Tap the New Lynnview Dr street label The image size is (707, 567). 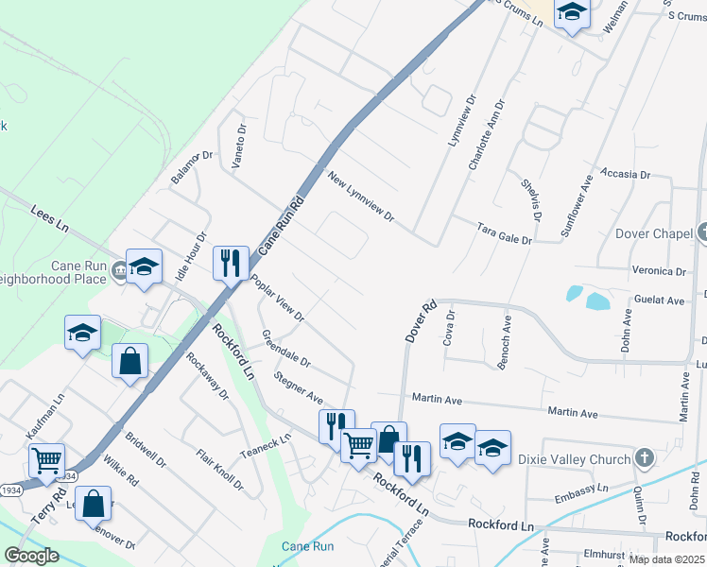pyautogui.click(x=360, y=197)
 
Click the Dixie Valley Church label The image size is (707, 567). pyautogui.click(x=574, y=460)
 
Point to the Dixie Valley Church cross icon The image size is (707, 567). pyautogui.click(x=645, y=459)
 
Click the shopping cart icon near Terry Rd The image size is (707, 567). pyautogui.click(x=46, y=460)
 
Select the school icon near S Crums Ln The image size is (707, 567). pyautogui.click(x=572, y=12)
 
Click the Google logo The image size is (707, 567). pyautogui.click(x=31, y=556)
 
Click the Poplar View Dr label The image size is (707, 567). pyautogui.click(x=277, y=298)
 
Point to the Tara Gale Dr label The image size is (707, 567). pyautogui.click(x=505, y=233)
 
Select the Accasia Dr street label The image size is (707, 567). pyautogui.click(x=626, y=175)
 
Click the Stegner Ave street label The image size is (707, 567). pyautogui.click(x=298, y=387)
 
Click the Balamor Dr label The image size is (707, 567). pyautogui.click(x=194, y=166)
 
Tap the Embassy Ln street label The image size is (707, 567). pyautogui.click(x=582, y=490)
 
